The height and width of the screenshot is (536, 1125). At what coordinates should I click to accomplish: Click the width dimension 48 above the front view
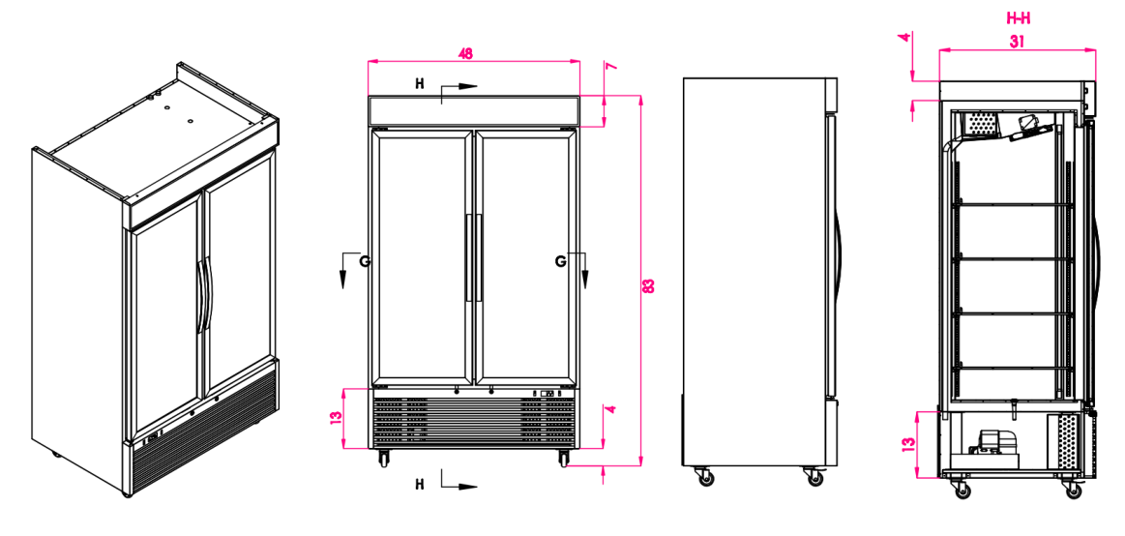coord(466,54)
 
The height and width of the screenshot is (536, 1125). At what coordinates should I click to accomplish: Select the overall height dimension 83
coord(649,285)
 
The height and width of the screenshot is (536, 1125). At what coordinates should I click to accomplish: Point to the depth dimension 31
coord(1016,42)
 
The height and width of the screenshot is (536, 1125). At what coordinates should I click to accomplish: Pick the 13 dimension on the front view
coord(335,418)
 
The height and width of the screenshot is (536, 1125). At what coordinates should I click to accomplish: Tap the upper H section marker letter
coord(419,84)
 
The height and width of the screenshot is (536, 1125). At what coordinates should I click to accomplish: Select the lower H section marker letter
coord(419,482)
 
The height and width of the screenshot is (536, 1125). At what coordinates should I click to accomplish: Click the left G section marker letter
coord(364,261)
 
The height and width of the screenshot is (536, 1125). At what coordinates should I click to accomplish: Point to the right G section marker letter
coord(561,261)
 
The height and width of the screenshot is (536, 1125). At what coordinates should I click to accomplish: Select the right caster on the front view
coord(563,459)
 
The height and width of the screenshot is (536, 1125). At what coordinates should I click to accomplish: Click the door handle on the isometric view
coord(202,295)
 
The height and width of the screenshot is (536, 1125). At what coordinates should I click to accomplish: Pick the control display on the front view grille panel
coord(547,394)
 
